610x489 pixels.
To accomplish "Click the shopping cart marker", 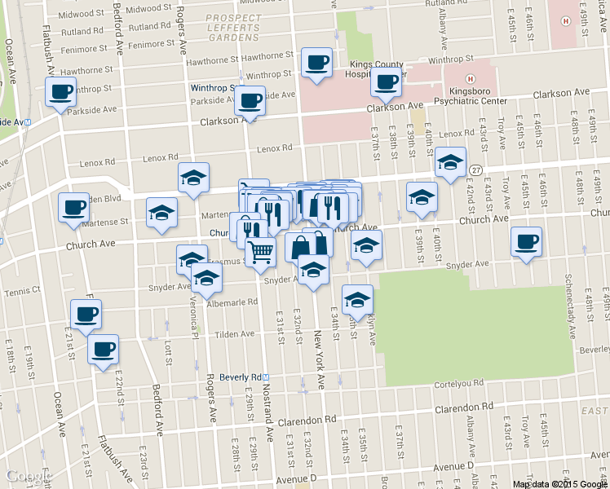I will coord(260,252).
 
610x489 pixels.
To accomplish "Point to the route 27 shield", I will coord(475,170).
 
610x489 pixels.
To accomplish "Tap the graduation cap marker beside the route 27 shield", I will coord(449,162).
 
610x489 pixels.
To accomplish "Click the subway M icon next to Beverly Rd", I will coord(275,377).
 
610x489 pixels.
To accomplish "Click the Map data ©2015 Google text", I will coord(559,484).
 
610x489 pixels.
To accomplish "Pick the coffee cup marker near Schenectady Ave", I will coord(526,242).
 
